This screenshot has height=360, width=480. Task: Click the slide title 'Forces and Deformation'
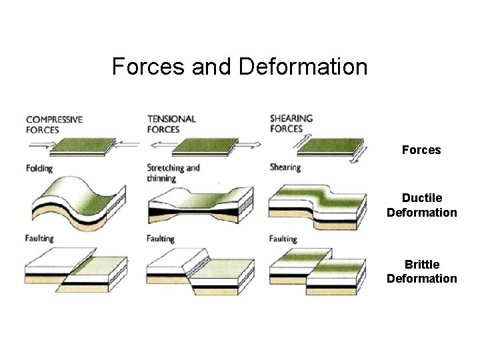coord(239,67)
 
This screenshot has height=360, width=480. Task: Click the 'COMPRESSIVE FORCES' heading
coord(54,125)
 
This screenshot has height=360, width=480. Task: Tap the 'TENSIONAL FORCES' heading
coord(171,124)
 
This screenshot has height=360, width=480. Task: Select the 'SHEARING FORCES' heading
coord(291,124)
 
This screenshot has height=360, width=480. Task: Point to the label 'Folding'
coord(40,168)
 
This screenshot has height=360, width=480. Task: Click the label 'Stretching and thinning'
coord(173,173)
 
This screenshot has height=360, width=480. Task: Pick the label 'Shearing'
coord(285,167)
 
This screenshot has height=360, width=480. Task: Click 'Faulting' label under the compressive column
coord(39,238)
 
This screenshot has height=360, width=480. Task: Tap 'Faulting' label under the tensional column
coord(160,238)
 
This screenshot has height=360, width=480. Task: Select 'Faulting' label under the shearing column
coord(283,238)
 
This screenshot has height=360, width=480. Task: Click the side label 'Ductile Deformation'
coord(421,205)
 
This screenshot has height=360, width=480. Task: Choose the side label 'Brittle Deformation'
coord(421,271)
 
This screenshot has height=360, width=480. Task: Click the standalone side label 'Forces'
coord(421,150)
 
